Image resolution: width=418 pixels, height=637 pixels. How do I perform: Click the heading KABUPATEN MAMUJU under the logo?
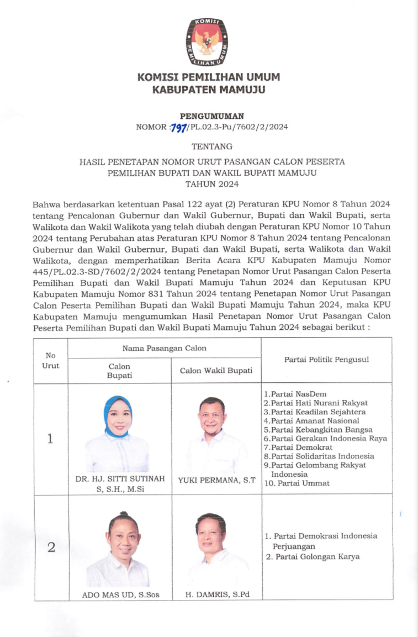point(209,89)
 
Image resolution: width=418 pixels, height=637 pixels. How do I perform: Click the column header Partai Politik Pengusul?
point(326,360)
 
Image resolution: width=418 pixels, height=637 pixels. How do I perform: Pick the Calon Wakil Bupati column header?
point(216,371)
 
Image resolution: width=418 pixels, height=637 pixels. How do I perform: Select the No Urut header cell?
point(51,360)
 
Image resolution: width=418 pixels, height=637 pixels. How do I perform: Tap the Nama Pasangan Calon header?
point(165,348)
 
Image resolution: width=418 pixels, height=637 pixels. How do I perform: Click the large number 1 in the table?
point(50,439)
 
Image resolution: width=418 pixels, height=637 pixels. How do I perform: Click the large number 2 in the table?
point(51,547)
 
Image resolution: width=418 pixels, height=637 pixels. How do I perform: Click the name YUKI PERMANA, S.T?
point(216,480)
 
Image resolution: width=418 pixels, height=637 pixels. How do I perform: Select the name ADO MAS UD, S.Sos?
point(119,595)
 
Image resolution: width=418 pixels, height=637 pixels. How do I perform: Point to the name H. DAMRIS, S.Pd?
point(216,595)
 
